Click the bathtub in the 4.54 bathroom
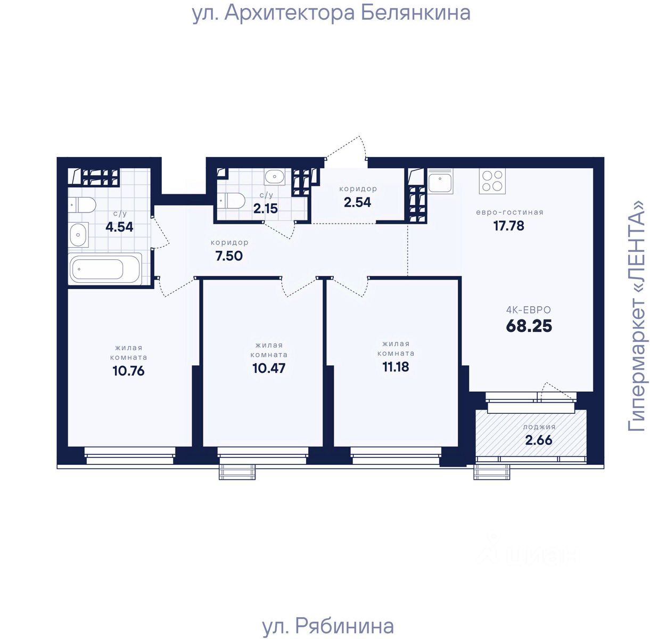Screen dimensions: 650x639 point(105,269)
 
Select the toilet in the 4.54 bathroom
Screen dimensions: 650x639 point(83,205)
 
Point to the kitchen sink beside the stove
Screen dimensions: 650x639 point(440,181)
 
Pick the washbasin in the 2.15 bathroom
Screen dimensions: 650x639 point(275,177)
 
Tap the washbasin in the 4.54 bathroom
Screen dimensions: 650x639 point(79,235)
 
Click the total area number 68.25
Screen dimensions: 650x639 point(529,326)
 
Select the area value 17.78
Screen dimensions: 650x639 point(509,226)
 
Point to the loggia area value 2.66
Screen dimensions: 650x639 point(539,440)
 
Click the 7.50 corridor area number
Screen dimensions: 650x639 point(229,256)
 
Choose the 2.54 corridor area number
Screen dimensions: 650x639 point(357,202)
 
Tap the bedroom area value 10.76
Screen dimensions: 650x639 point(128,371)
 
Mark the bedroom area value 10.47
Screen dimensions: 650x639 point(269,368)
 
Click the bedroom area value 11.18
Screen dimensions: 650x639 point(396,366)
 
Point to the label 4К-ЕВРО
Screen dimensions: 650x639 point(529,310)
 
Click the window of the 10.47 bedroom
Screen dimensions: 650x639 point(263,455)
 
